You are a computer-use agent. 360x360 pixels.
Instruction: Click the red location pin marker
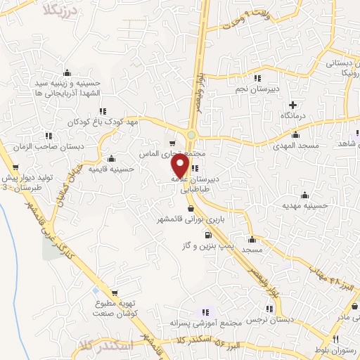point(180,165)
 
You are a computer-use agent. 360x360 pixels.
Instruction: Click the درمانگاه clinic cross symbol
point(292,105)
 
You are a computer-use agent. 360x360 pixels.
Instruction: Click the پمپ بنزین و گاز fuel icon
point(207,234)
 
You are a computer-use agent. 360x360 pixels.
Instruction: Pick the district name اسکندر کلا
point(106,346)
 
